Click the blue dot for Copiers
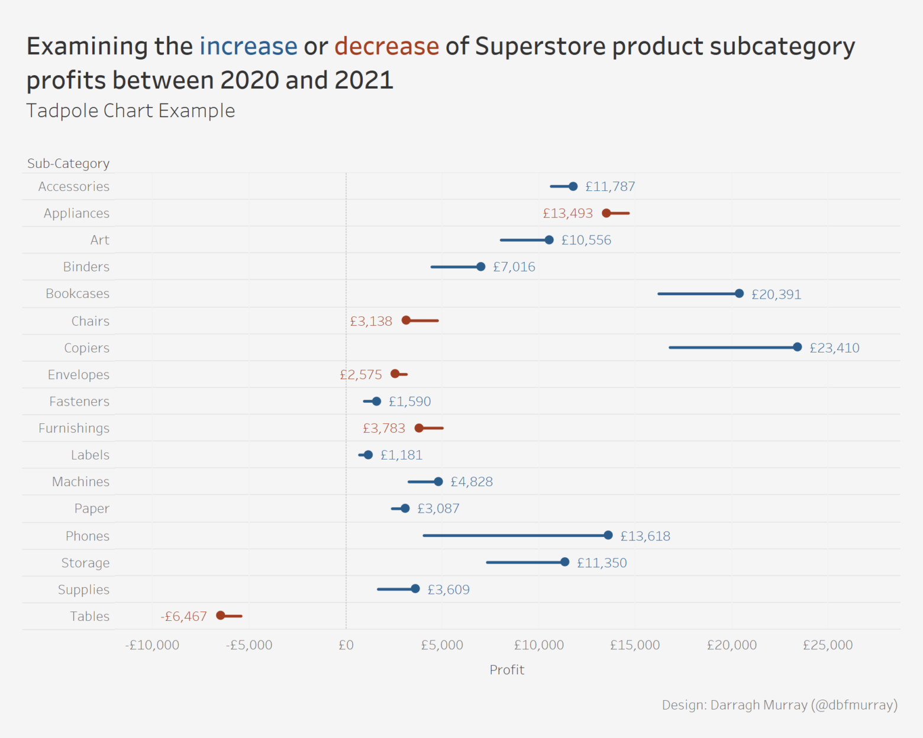click(x=798, y=347)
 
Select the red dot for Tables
click(x=221, y=616)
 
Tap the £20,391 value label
click(x=776, y=294)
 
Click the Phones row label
click(x=88, y=536)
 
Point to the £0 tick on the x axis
click(x=346, y=645)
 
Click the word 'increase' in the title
click(x=248, y=47)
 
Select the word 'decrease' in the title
click(x=386, y=47)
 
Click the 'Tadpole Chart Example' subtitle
click(x=131, y=111)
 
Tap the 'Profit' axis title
click(x=506, y=670)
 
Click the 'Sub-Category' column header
click(x=69, y=164)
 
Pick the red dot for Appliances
click(x=606, y=213)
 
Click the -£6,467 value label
click(x=183, y=617)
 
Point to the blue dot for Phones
click(x=608, y=535)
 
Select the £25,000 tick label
click(x=827, y=645)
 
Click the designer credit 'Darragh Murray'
click(x=759, y=705)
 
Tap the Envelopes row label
click(x=79, y=375)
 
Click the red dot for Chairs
click(x=406, y=321)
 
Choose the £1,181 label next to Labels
click(x=401, y=455)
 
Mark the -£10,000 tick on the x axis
click(x=152, y=645)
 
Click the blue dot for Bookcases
click(x=739, y=293)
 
